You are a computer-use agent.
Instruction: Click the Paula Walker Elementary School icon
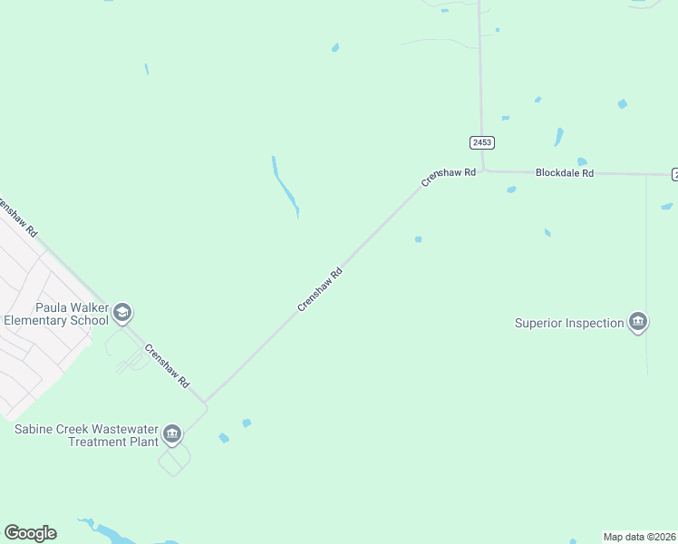click(x=122, y=314)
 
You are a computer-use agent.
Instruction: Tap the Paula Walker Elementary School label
click(x=55, y=314)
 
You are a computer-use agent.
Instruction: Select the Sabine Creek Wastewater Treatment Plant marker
click(x=172, y=435)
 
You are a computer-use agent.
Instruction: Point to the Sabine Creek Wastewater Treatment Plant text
click(x=86, y=435)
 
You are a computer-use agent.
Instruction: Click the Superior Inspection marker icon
click(x=638, y=322)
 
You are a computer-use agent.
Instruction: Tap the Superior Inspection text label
click(x=569, y=323)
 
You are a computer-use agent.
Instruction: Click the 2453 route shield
click(x=482, y=143)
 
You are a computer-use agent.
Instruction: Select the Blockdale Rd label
click(x=564, y=172)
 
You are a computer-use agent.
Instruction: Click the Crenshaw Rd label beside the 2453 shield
click(x=448, y=177)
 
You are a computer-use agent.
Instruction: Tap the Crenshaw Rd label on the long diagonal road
click(x=321, y=289)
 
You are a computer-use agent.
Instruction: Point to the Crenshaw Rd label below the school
click(x=167, y=365)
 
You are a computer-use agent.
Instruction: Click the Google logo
click(x=30, y=533)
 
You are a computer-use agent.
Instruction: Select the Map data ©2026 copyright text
click(x=640, y=537)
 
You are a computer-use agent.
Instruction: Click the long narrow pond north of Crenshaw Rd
click(x=285, y=187)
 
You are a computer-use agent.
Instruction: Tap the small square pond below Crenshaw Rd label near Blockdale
click(x=418, y=239)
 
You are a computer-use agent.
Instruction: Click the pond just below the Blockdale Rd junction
click(x=511, y=189)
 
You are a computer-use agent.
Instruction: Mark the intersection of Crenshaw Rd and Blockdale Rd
click(x=482, y=170)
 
